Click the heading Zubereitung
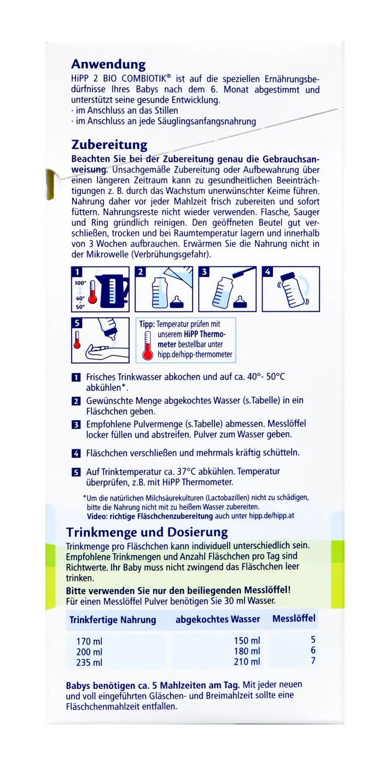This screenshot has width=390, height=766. click(109, 145)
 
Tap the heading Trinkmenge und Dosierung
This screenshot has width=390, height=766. click(147, 532)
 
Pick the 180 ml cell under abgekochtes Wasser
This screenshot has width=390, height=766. click(247, 651)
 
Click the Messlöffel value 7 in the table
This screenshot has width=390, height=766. click(313, 661)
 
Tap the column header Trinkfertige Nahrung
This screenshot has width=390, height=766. click(113, 620)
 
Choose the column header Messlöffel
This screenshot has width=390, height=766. click(294, 619)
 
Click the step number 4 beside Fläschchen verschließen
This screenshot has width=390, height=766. click(75, 454)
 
